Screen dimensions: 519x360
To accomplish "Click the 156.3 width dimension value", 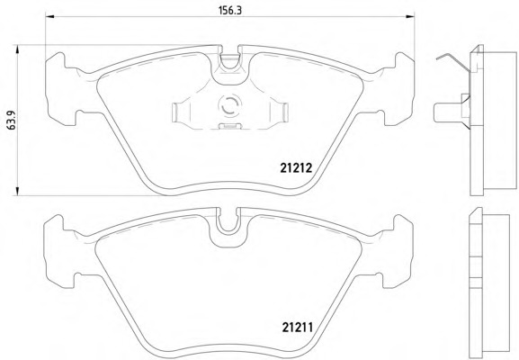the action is [230, 10].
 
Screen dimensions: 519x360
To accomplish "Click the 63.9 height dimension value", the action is [11, 121].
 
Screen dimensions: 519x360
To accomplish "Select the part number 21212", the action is [296, 168].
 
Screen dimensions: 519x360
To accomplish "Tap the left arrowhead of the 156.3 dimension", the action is [49, 16].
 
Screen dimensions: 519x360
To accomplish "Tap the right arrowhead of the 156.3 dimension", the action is [410, 16].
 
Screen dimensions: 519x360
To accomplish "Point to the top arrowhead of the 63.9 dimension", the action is [17, 49].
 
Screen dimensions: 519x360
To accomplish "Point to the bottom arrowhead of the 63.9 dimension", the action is [17, 191].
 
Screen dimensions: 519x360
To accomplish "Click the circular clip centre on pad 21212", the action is [229, 105].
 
